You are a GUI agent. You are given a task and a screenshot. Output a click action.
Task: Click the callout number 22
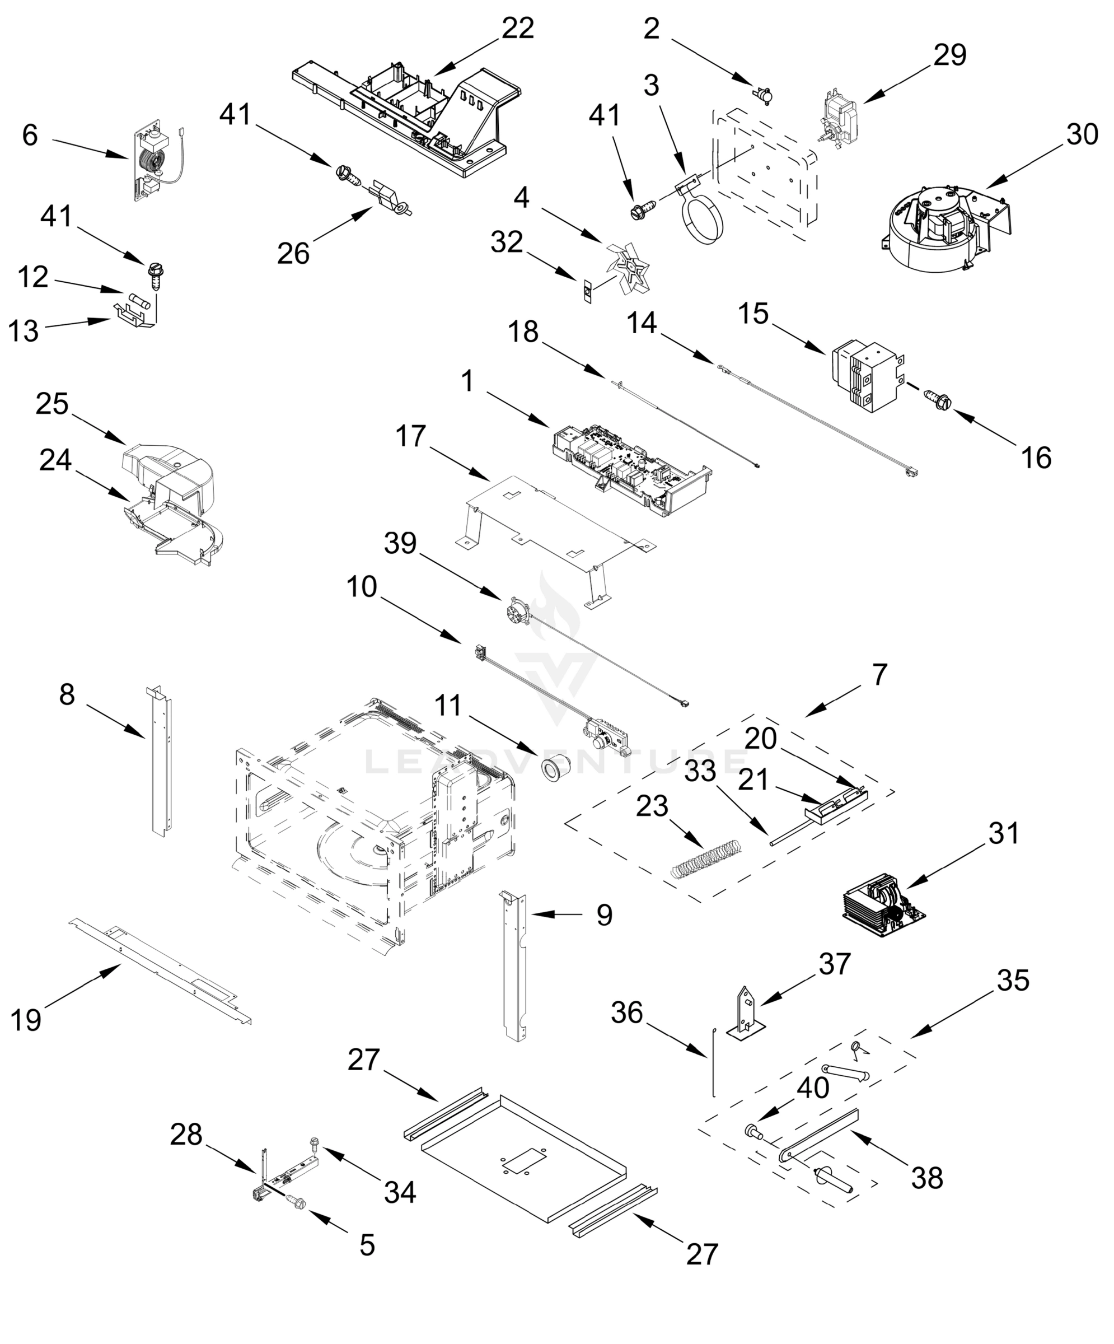click(x=518, y=29)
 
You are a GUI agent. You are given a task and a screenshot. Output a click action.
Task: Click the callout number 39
click(x=400, y=543)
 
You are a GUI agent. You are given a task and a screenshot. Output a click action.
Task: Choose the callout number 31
click(x=1003, y=833)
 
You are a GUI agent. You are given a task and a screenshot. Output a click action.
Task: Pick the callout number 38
click(x=927, y=1178)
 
